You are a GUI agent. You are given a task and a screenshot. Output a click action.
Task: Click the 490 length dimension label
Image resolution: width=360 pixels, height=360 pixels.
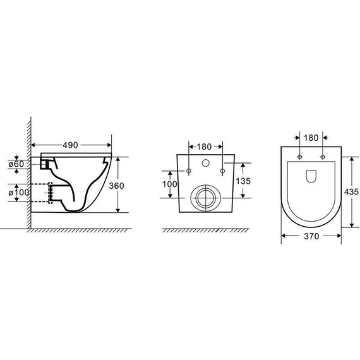[x=71, y=145]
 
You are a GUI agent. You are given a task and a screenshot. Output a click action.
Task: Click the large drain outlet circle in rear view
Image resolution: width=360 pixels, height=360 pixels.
[x=205, y=198]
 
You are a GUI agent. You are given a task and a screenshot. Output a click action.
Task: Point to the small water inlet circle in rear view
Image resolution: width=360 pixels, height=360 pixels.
[x=205, y=164]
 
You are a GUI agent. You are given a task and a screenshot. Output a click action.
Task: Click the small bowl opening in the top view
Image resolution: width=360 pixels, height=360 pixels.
[x=312, y=177]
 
